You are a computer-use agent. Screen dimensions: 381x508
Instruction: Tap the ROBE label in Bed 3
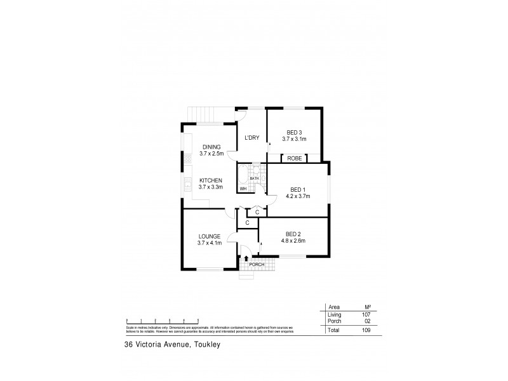click(294, 158)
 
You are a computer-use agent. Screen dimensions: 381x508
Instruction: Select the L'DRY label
click(251, 138)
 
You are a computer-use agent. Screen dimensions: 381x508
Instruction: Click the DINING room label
click(211, 147)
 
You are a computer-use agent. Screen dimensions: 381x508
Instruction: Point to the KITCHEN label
click(211, 180)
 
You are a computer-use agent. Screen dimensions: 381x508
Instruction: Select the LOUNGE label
click(209, 236)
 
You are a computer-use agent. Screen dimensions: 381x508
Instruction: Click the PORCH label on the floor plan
click(257, 264)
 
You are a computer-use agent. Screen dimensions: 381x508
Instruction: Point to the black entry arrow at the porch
click(246, 258)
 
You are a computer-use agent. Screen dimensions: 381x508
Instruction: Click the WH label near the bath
click(243, 189)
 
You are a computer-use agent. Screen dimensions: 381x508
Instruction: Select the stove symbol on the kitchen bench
click(188, 159)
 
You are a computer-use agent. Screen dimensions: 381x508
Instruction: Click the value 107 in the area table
click(366, 314)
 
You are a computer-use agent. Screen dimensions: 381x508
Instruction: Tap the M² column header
click(366, 306)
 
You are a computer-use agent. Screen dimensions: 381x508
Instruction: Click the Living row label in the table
click(334, 314)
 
